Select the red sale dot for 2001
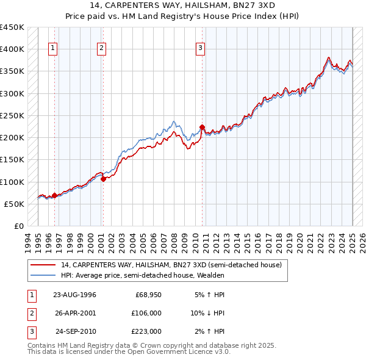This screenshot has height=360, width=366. click(x=104, y=179)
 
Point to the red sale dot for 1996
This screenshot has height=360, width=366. click(x=54, y=196)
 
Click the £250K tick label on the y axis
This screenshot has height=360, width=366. click(x=12, y=115)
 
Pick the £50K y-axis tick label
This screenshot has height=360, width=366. click(x=14, y=204)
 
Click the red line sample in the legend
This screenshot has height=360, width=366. click(x=43, y=265)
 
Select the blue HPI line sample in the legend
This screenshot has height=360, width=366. click(x=43, y=275)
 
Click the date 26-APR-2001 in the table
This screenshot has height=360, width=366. click(x=74, y=313)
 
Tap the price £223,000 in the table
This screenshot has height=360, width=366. click(x=146, y=331)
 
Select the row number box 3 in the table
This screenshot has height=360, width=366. click(x=30, y=331)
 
